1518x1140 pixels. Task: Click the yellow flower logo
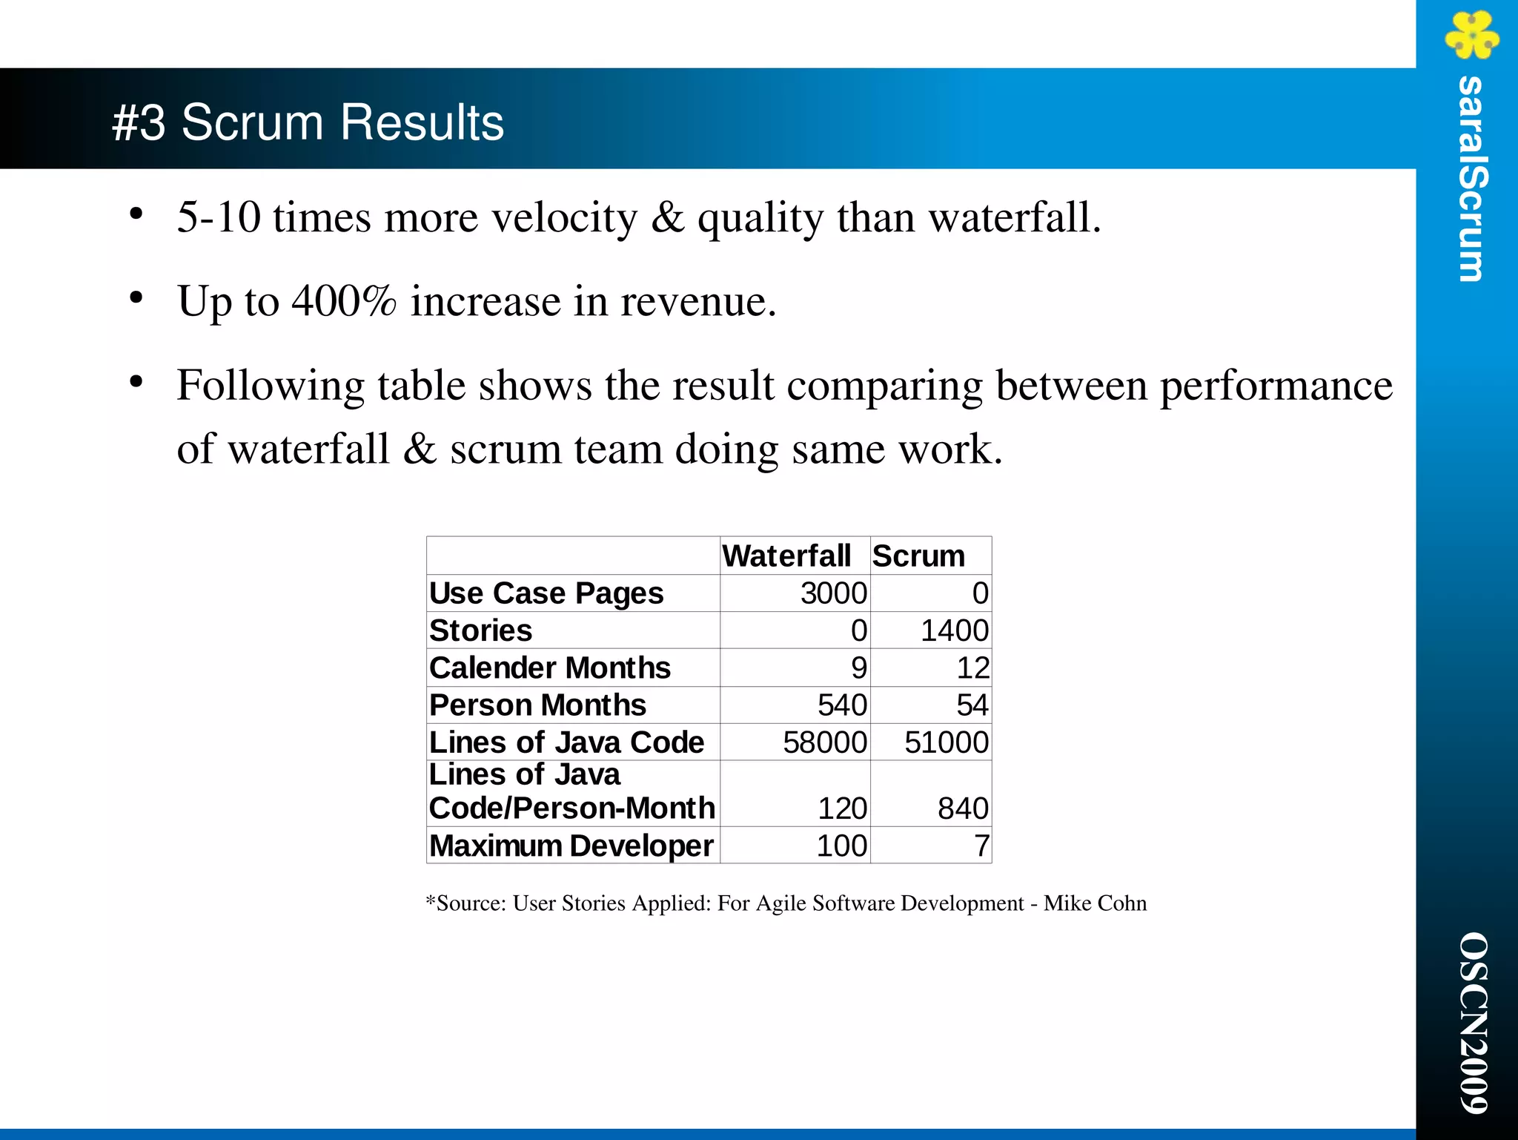pos(1471,34)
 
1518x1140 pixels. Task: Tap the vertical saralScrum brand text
pos(1471,179)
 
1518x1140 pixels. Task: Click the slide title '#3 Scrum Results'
pos(308,122)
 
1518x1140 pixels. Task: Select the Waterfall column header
pos(786,556)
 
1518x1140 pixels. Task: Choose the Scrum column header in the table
pos(918,556)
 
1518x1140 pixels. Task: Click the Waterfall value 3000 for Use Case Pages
pos(833,593)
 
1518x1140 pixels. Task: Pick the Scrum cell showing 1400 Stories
pos(954,630)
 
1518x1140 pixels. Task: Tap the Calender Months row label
pos(550,668)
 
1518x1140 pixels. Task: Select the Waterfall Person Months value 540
pos(842,705)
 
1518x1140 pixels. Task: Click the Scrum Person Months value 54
pos(972,705)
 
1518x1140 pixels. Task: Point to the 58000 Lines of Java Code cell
pos(824,742)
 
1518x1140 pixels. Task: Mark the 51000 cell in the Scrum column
pos(946,742)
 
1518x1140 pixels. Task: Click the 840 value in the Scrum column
pos(962,808)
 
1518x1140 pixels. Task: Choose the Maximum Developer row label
pos(571,846)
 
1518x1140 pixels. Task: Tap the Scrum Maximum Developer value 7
pos(981,846)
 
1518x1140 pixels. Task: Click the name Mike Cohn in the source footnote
pos(1095,903)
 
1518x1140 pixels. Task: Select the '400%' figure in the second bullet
pos(344,301)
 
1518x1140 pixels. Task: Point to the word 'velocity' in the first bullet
pos(564,218)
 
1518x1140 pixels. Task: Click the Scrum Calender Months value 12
pos(972,668)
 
